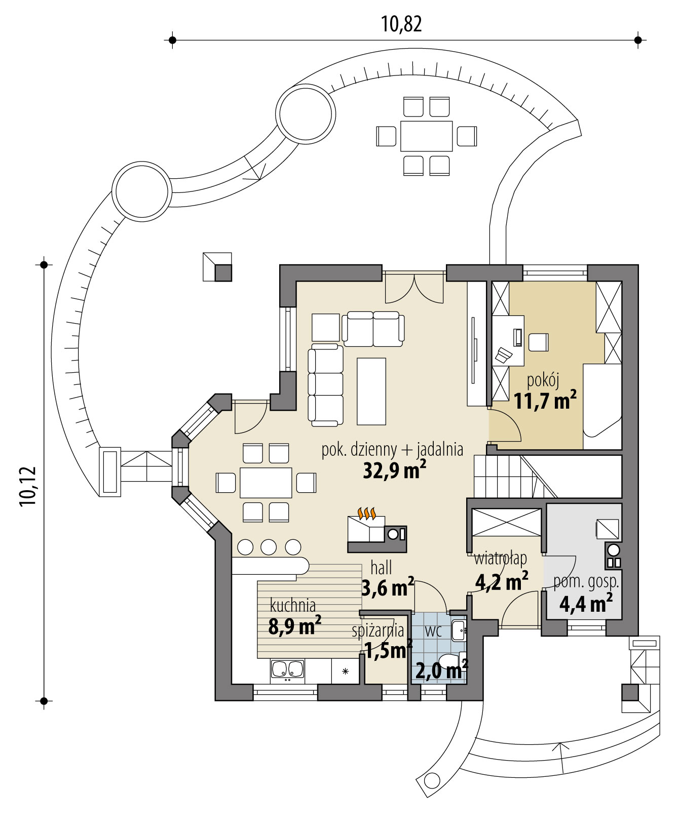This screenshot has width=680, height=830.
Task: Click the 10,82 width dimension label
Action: (401, 24)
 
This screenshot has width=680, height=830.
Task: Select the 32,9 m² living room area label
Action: (394, 470)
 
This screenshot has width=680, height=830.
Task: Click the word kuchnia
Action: (293, 605)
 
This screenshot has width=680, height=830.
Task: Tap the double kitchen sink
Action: (287, 669)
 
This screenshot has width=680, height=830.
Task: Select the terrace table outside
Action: (426, 136)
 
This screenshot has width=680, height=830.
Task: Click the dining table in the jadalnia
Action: (266, 483)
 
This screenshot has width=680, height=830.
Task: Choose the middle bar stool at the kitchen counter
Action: (269, 547)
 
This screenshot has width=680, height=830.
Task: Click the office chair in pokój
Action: (538, 342)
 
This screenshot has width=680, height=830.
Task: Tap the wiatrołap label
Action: (501, 559)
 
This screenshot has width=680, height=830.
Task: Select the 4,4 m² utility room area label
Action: (586, 603)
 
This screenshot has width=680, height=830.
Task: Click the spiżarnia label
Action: (378, 631)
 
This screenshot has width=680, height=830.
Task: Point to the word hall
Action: (381, 568)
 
